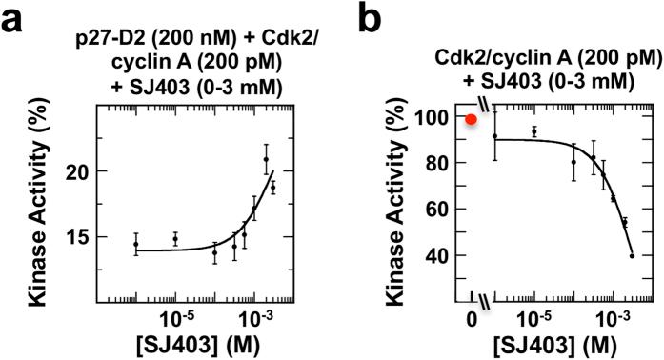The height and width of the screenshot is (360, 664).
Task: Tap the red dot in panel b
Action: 471,119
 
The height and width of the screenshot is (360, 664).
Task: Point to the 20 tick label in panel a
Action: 91,171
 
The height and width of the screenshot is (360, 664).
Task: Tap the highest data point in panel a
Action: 267,159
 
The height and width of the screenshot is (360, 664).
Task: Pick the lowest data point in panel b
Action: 633,255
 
